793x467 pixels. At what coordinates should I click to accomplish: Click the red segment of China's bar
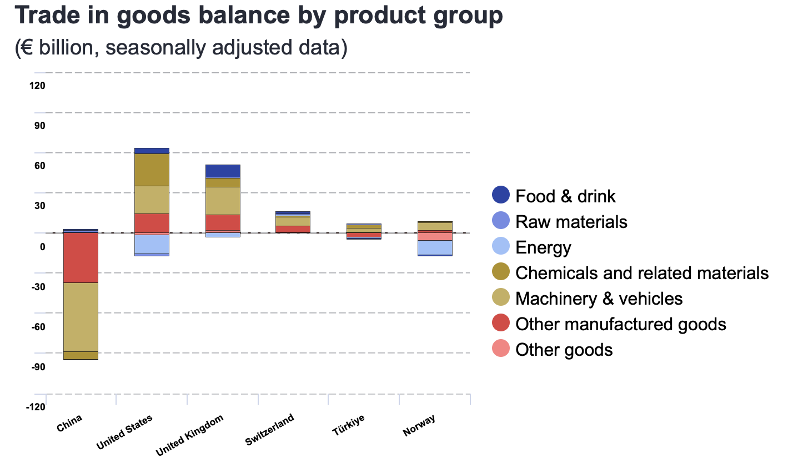81,257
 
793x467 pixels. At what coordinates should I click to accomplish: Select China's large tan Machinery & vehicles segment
81,317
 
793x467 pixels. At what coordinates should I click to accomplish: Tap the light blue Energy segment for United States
152,244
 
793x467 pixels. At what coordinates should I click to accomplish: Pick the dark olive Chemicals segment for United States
152,170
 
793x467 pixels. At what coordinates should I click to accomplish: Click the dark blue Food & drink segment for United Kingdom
223,171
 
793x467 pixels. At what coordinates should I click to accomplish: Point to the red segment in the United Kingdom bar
223,222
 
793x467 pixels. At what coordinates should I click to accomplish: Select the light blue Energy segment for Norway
435,247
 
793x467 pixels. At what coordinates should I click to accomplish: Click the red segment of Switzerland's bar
293,229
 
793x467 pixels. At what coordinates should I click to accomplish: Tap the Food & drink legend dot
500,196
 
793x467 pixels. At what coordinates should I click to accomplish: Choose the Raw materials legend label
571,222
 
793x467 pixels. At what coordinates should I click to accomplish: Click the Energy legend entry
543,247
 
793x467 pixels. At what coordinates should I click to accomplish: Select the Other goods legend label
564,350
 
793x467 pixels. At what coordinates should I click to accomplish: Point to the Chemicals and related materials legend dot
500,273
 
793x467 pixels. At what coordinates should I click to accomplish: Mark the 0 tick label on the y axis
42,246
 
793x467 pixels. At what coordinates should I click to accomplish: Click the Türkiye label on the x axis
349,425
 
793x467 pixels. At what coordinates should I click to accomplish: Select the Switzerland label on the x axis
270,430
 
